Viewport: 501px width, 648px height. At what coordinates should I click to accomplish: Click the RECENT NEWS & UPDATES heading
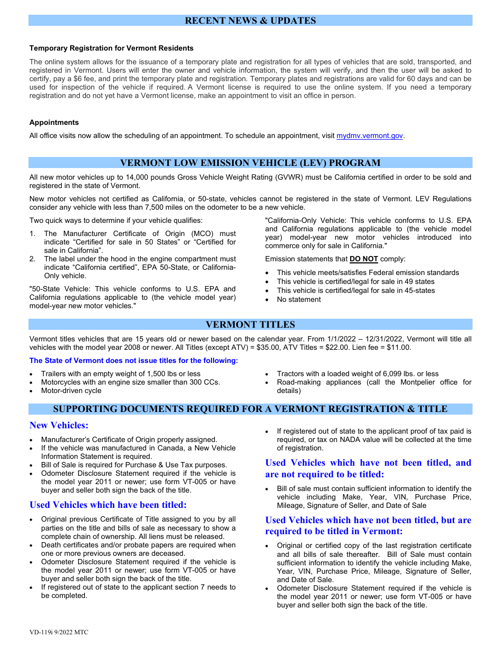click(250, 21)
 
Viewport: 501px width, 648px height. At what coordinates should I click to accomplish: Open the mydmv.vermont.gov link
click(370, 135)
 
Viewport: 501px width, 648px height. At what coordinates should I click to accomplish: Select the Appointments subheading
click(54, 122)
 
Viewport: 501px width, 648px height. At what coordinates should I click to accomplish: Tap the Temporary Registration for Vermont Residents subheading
click(111, 48)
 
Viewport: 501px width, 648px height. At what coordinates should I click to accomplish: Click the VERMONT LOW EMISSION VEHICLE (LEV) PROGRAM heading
click(250, 163)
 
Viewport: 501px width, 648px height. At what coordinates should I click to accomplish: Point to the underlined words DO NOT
click(364, 259)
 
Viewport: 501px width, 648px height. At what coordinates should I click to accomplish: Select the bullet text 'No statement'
click(298, 299)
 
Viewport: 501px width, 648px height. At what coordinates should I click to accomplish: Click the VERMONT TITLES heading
click(250, 325)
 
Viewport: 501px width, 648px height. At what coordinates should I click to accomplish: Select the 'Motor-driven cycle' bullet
click(71, 390)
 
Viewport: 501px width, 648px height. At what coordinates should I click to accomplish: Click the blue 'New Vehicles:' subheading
click(59, 425)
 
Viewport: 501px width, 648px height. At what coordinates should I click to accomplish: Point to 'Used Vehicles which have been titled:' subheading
click(108, 505)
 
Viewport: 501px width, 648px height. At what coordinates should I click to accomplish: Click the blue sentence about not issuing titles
click(133, 360)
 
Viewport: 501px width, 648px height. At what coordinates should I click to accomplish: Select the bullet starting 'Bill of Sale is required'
click(134, 465)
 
